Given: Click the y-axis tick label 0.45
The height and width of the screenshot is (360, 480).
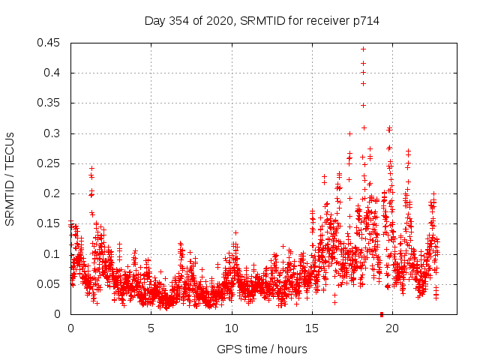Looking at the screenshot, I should click(x=50, y=43).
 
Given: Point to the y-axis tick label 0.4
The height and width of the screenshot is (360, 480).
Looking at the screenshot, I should click(x=53, y=73).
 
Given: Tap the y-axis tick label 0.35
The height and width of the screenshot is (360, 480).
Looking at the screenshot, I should click(x=50, y=103).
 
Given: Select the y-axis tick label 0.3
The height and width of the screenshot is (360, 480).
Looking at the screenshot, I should click(x=53, y=133).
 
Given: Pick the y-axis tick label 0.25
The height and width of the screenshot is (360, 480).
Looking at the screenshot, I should click(x=50, y=163).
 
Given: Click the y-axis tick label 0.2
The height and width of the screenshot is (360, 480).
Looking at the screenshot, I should click(x=53, y=193).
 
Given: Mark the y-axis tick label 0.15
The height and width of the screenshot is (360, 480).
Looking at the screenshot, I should click(x=50, y=223).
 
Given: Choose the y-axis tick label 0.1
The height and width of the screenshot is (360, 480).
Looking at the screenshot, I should click(x=53, y=253).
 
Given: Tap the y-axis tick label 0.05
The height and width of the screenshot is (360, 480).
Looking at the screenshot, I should click(x=50, y=284).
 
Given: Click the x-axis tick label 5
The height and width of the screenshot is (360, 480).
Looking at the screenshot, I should click(x=151, y=328).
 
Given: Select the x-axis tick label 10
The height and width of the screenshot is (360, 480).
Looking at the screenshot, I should click(x=232, y=328).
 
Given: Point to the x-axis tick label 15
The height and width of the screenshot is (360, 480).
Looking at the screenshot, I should click(x=312, y=328).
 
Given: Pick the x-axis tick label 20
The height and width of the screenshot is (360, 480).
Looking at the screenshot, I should click(x=392, y=328).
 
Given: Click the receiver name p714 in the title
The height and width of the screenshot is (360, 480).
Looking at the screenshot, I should click(x=364, y=21).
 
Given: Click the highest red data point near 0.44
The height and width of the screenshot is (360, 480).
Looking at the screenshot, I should click(x=363, y=49).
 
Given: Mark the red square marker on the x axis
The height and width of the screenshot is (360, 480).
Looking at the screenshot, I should click(x=382, y=314).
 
